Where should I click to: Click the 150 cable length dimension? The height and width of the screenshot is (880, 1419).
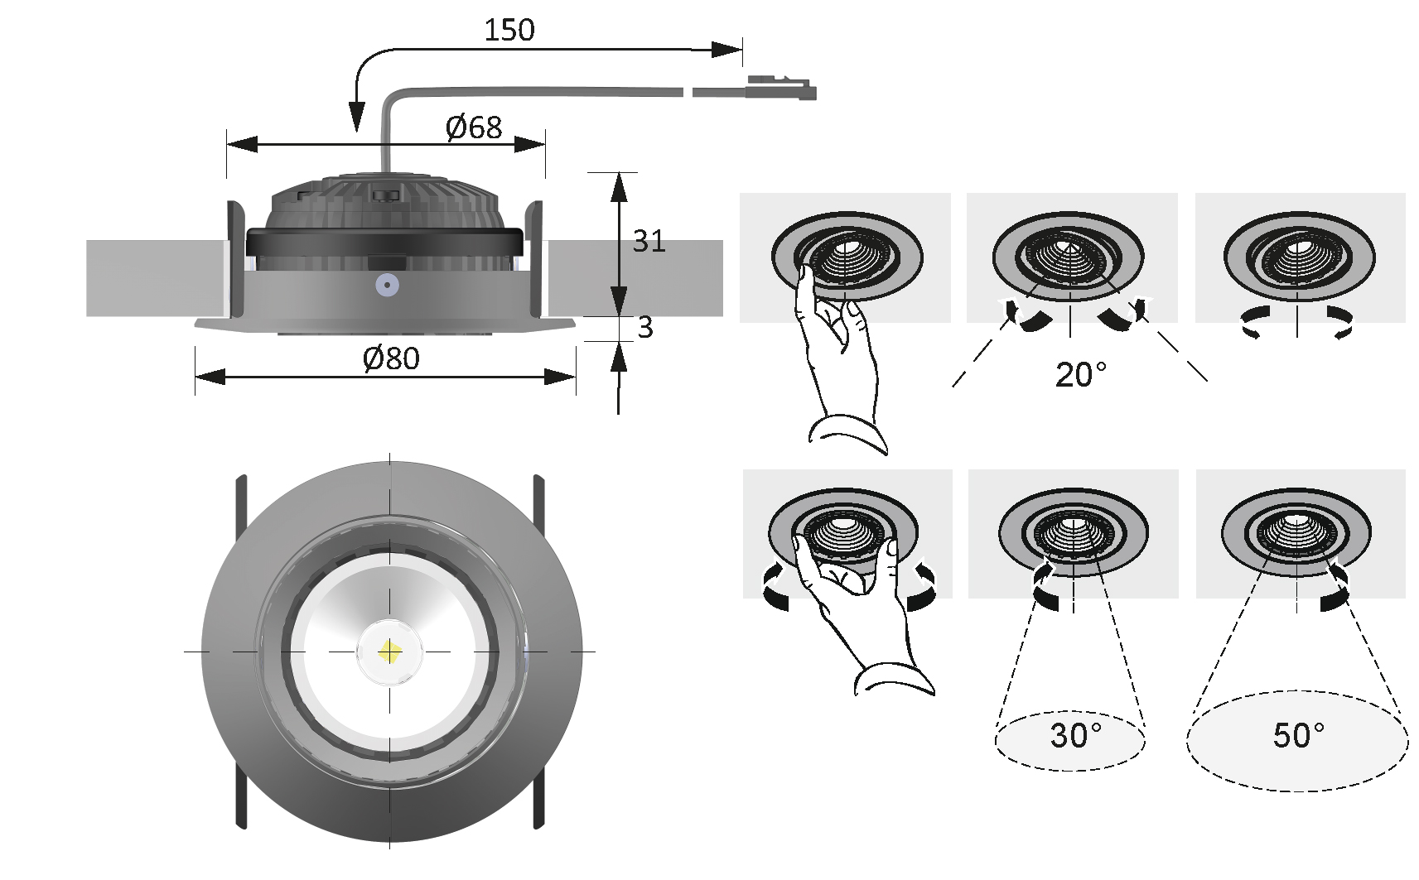(509, 30)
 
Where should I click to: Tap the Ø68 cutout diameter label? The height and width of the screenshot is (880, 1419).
(474, 127)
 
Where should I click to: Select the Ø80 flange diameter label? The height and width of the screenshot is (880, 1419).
(391, 358)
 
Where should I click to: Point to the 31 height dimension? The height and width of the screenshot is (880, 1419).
(649, 241)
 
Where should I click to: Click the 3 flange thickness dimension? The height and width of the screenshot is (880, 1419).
(644, 327)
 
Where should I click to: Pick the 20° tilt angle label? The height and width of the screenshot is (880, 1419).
(1081, 375)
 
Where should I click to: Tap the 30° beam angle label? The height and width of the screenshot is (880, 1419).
(1076, 736)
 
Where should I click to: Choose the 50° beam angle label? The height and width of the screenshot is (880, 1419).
(1299, 736)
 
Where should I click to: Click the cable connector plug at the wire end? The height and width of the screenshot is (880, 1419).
(782, 89)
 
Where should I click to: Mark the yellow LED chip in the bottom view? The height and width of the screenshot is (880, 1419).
(389, 652)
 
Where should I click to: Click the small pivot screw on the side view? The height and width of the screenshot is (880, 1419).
(387, 286)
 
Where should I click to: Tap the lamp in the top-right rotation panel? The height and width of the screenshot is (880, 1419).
(1299, 257)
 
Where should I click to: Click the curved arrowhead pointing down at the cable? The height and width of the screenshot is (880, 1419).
(357, 118)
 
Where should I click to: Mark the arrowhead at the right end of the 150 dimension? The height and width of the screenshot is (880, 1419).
(726, 50)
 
